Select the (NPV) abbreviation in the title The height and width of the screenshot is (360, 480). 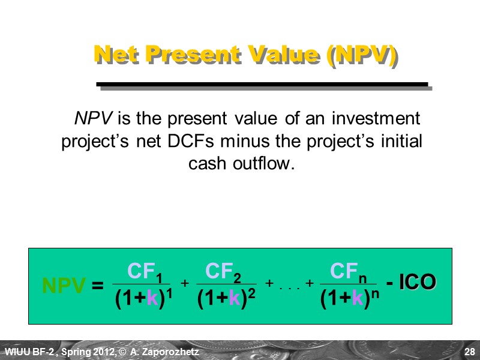tap(362, 55)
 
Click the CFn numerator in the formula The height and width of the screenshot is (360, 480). tap(349, 272)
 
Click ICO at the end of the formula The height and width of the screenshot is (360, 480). tap(418, 282)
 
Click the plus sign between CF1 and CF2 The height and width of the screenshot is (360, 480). tap(185, 283)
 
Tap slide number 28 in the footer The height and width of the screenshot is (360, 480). tap(469, 351)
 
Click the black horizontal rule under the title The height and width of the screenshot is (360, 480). tap(263, 85)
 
